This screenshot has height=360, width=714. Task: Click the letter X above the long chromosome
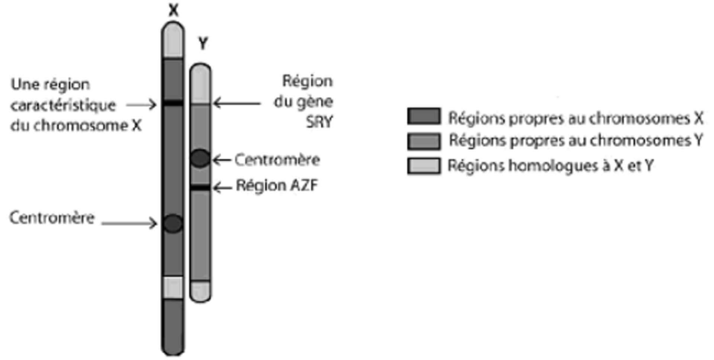tap(173, 10)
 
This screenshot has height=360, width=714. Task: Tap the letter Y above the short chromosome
tap(203, 44)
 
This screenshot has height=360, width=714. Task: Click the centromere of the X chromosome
tap(173, 224)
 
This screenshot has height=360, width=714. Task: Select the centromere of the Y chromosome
tap(200, 158)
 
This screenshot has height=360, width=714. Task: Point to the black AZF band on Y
tap(200, 188)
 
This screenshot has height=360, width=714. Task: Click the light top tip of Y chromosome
tap(200, 84)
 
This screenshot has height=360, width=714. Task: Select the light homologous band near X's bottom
tap(173, 287)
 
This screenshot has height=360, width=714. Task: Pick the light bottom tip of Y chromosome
tap(200, 291)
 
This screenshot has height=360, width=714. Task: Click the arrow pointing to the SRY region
tap(237, 103)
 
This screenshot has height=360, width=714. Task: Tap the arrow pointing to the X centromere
tap(129, 224)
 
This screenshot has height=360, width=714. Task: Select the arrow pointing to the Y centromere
tap(222, 160)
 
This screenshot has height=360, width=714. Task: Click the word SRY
tap(319, 122)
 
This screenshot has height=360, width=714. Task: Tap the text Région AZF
tap(277, 186)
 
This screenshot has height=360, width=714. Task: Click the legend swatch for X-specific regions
tap(424, 116)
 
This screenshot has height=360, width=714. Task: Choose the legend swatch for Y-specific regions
tap(424, 141)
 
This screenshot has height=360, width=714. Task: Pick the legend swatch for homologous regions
tap(424, 166)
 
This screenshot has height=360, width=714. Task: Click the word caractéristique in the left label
tap(63, 105)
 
